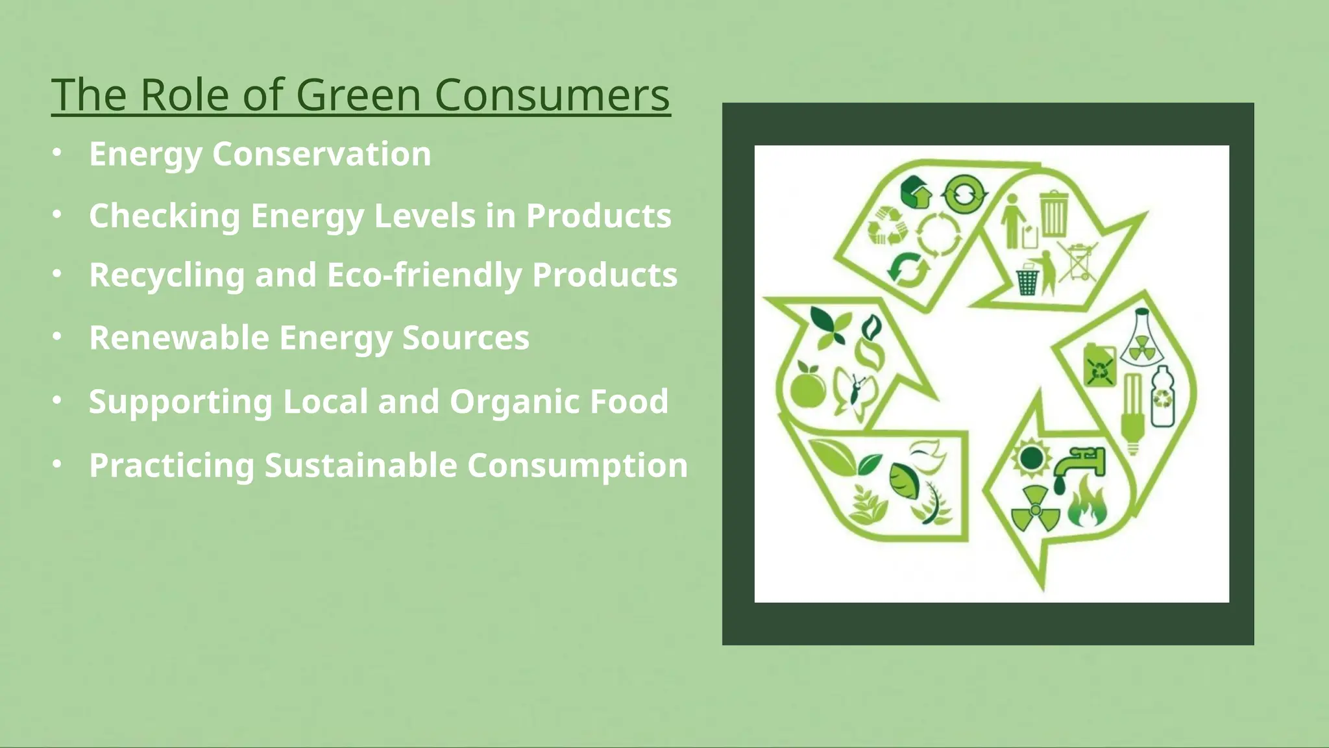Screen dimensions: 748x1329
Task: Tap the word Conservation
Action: pos(321,155)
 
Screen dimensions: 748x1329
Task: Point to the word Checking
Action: pos(164,216)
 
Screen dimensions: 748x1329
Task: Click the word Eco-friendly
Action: pos(424,275)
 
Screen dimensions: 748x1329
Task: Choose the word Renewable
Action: pos(178,338)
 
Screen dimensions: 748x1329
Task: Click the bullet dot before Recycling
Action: pos(57,275)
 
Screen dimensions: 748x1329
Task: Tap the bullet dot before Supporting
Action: pos(57,401)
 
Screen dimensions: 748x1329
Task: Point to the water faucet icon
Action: pos(1078,466)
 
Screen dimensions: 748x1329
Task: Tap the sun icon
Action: pos(1030,458)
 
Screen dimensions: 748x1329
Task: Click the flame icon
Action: pos(1087,504)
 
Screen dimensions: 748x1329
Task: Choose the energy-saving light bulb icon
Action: pos(1132,412)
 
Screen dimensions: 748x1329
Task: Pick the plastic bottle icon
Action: pos(1163,396)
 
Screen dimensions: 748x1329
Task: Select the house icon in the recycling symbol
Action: pos(916,192)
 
